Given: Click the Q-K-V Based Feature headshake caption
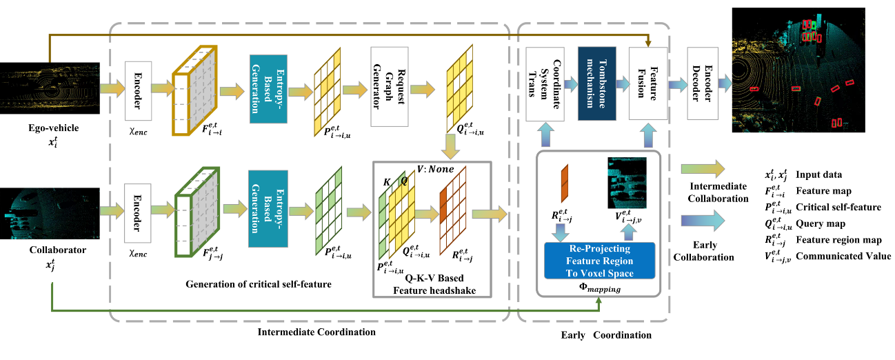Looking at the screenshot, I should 432,285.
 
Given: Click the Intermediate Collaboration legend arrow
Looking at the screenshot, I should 702,168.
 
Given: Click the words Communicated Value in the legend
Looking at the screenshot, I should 843,256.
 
